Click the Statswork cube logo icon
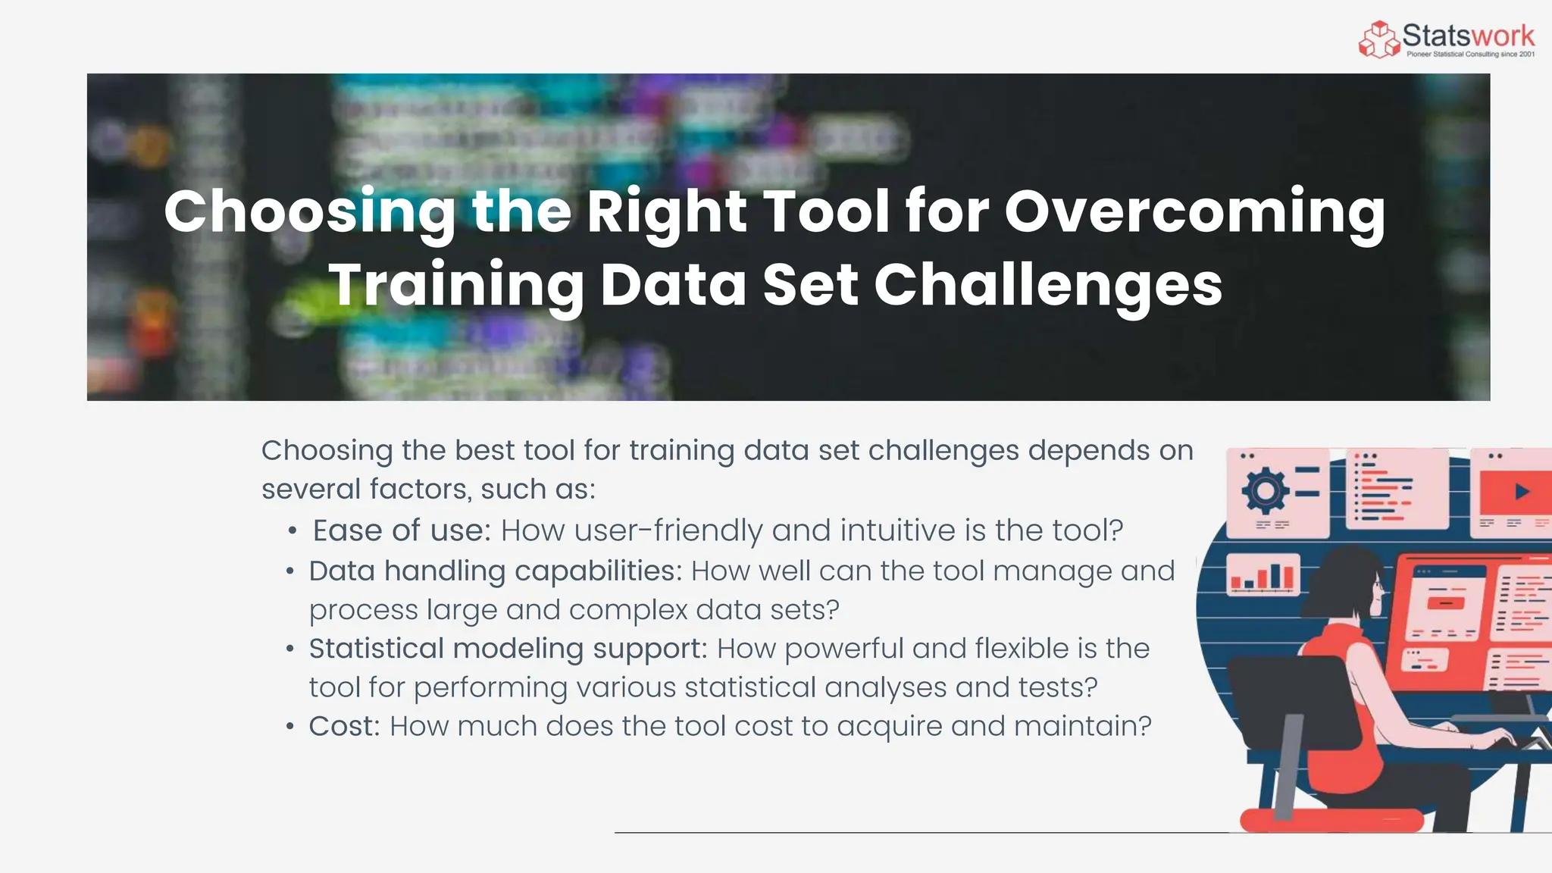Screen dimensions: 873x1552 1379,39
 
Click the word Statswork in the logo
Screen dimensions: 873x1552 1468,35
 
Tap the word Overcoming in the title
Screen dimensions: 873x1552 1195,212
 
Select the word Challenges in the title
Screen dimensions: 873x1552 1048,285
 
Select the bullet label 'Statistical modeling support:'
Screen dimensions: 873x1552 508,649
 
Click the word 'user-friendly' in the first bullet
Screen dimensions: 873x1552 668,530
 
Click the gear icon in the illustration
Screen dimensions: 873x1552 1265,491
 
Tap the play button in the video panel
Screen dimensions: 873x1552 1521,492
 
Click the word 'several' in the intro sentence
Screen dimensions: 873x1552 311,490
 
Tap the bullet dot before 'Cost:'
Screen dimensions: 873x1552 290,727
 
